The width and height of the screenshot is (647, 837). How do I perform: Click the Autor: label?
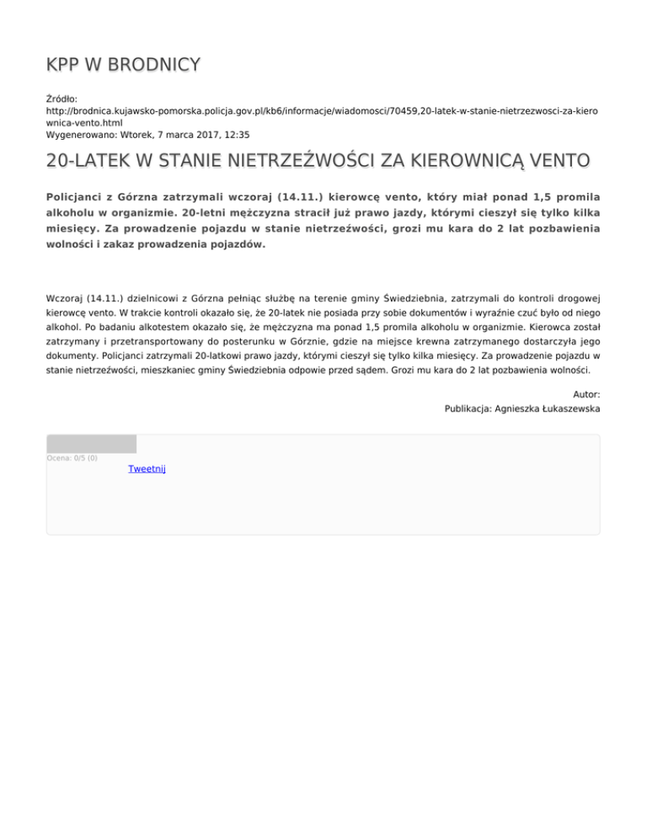586,393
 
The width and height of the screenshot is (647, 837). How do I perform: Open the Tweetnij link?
147,468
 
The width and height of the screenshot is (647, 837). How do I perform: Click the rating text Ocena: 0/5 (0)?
72,458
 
